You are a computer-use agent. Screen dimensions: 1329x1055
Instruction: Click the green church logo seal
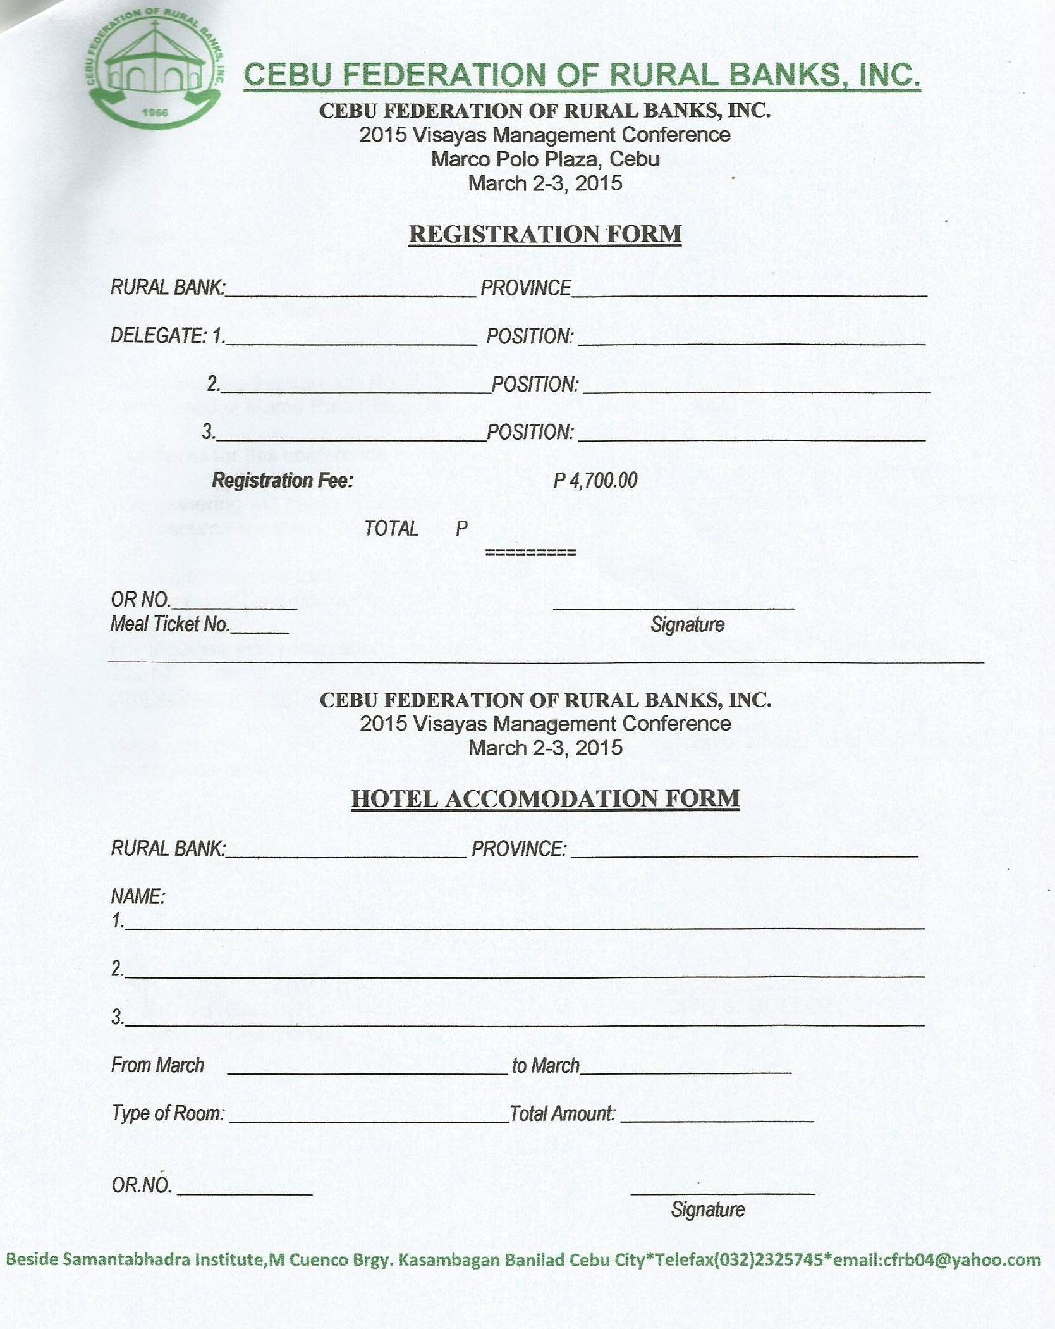[155, 73]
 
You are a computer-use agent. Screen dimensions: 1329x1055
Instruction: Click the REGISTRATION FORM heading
[545, 234]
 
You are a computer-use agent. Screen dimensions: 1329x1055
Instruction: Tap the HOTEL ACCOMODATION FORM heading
[545, 798]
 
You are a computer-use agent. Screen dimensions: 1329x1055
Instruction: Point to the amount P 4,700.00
[595, 480]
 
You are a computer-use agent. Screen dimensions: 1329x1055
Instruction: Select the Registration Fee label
[282, 481]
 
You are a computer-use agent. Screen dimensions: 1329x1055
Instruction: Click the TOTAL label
[391, 528]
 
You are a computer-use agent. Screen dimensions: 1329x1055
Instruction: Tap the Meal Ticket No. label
[170, 624]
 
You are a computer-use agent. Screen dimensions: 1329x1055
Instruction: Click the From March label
[157, 1065]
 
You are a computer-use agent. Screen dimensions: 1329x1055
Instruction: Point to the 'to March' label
[545, 1065]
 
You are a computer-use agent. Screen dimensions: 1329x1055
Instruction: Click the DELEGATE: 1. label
[168, 336]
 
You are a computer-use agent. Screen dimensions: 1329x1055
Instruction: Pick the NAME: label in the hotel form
[138, 896]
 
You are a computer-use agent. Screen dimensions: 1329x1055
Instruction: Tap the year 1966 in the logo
[155, 113]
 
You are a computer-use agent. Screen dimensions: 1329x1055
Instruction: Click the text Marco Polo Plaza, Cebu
[545, 159]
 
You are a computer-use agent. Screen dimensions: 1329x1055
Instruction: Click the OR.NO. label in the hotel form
[142, 1185]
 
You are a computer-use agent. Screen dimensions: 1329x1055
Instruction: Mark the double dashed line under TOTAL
[530, 553]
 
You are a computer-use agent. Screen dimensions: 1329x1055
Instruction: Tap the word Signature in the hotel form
[707, 1209]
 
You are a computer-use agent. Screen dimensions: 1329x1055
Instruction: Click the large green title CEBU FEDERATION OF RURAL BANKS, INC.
[582, 75]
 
